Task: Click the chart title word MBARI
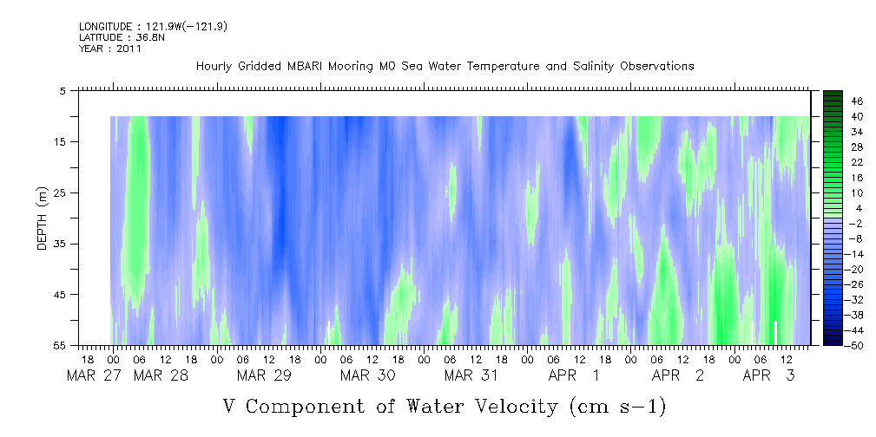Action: pyautogui.click(x=306, y=67)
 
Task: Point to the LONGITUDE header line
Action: pyautogui.click(x=153, y=26)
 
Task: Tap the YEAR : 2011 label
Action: pyautogui.click(x=110, y=49)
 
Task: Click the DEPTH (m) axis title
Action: pyautogui.click(x=43, y=218)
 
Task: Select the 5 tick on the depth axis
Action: pyautogui.click(x=63, y=90)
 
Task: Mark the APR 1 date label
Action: pyautogui.click(x=575, y=376)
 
